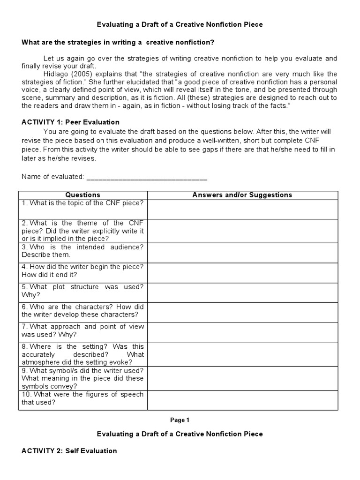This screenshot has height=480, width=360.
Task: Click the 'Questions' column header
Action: pyautogui.click(x=82, y=195)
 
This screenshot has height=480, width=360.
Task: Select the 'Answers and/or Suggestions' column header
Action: pyautogui.click(x=242, y=195)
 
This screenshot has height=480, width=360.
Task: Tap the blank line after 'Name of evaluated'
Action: pyautogui.click(x=147, y=177)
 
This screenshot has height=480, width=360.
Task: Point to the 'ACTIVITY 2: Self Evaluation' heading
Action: pyautogui.click(x=69, y=451)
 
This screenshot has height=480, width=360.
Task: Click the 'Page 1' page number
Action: pyautogui.click(x=180, y=420)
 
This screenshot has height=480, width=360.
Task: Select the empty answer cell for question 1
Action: pyautogui.click(x=242, y=209)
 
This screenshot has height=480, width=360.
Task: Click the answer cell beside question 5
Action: pyautogui.click(x=242, y=292)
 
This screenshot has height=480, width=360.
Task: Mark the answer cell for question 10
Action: pyautogui.click(x=242, y=400)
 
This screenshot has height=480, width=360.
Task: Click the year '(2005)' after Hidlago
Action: pyautogui.click(x=80, y=74)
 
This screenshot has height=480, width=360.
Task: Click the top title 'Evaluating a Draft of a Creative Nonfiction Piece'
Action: pyautogui.click(x=180, y=24)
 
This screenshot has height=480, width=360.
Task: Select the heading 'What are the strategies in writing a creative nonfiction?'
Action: pyautogui.click(x=118, y=43)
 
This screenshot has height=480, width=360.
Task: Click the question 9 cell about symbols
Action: pyautogui.click(x=82, y=378)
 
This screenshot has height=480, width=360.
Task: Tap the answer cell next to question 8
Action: pyautogui.click(x=242, y=354)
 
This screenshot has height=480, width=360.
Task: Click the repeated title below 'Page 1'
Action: pyautogui.click(x=180, y=434)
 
